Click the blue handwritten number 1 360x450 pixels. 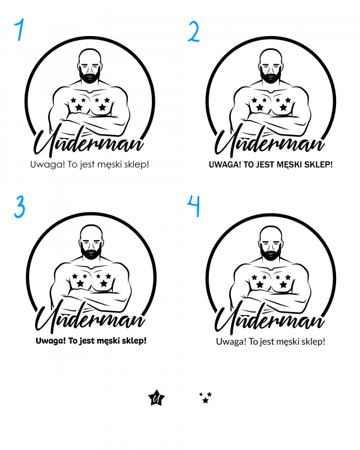[20, 29]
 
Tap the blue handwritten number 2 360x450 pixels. [194, 32]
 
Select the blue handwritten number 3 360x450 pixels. [20, 206]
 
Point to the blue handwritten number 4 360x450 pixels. [194, 205]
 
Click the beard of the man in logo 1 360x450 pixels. [90, 76]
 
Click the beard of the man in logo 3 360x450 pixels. [91, 253]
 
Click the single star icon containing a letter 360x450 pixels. [157, 398]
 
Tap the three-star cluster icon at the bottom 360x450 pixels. [205, 398]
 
